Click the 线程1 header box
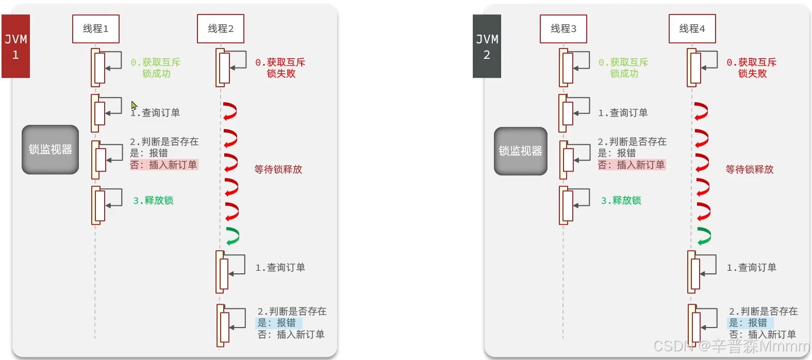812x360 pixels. coord(96,29)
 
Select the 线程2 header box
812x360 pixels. coord(221,29)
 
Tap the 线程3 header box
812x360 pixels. coord(564,29)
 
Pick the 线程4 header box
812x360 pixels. coord(692,29)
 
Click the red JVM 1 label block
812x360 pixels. coord(16,46)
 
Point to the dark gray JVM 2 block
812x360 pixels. coord(487,46)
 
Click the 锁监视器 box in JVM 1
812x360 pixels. coord(51,150)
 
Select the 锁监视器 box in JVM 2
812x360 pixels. coord(521,151)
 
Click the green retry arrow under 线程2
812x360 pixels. coord(232,236)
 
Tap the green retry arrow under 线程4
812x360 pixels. coord(704,236)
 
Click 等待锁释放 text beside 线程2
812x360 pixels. coord(278,170)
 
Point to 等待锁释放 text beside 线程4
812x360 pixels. coord(750,170)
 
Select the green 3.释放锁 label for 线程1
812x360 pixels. coord(153,201)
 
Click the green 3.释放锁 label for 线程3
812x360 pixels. coord(621,201)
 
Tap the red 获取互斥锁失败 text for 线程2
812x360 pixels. coord(281,68)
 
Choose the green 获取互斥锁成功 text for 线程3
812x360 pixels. coord(624,68)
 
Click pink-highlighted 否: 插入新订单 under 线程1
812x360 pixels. coord(164,165)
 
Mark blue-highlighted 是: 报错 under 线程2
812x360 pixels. coord(277,323)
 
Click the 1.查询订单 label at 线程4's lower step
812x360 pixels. coord(752,268)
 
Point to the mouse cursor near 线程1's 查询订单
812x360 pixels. coord(134,105)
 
